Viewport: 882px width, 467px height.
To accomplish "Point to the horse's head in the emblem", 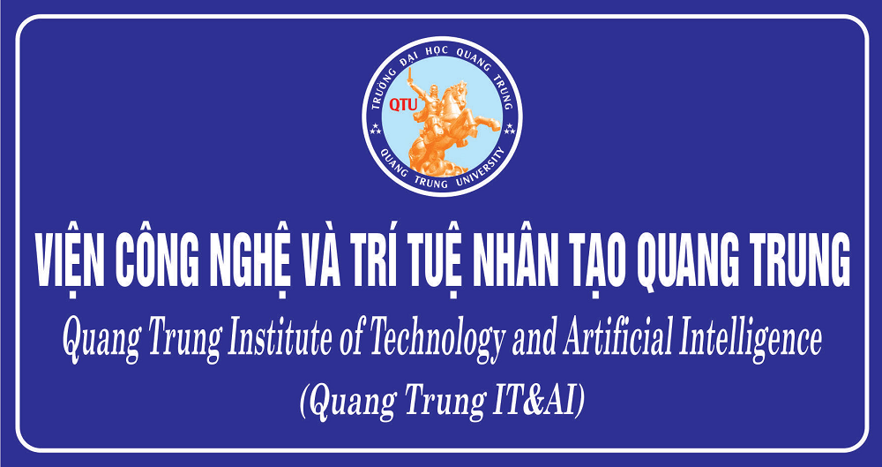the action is tap(460, 90).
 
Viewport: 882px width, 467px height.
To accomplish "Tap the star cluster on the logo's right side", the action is tap(510, 127).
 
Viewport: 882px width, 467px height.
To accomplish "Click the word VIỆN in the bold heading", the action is tap(69, 260).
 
